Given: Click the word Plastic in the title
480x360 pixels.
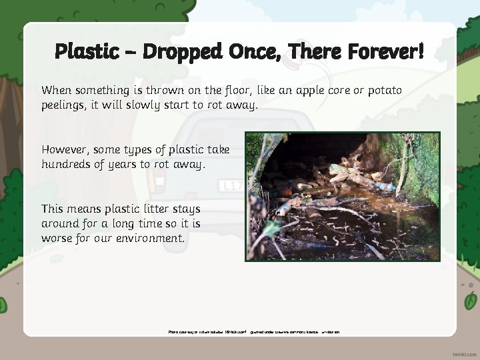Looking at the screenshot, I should click(86, 51).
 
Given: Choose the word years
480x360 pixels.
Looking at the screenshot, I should click(138, 164).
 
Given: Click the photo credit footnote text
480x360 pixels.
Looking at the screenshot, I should click(253, 331).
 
